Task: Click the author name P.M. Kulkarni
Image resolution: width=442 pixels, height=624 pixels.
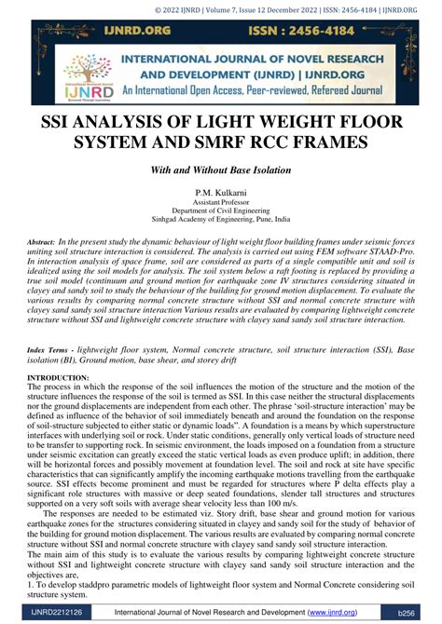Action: tap(220, 190)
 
